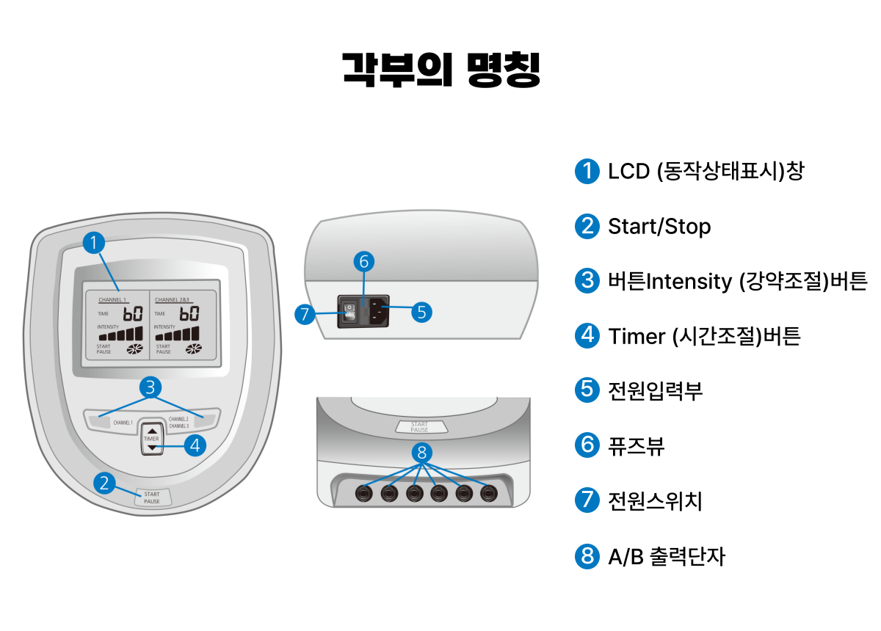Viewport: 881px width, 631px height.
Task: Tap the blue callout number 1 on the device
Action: pos(94,243)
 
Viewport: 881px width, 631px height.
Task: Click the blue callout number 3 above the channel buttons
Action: pos(151,387)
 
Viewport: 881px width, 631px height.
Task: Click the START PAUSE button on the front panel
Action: pos(151,497)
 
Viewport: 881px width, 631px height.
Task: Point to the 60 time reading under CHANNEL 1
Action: pos(133,315)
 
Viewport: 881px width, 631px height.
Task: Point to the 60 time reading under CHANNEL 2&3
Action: pos(189,315)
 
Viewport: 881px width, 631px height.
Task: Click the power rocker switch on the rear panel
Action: pos(350,312)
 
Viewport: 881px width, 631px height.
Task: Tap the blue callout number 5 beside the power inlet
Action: pos(421,311)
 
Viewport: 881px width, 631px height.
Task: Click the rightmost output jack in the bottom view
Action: pos(488,493)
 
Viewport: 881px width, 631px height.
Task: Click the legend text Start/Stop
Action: pos(659,226)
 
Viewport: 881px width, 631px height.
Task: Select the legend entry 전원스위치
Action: pos(655,501)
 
